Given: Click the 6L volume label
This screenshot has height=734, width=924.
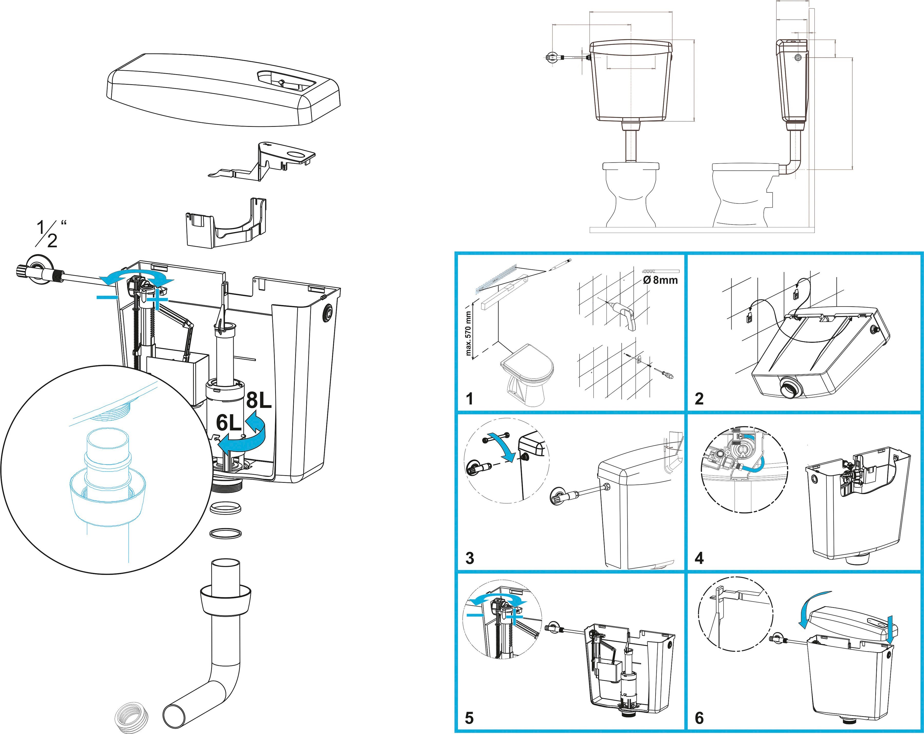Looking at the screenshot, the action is tap(229, 423).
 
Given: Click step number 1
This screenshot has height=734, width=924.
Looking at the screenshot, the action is tap(470, 399).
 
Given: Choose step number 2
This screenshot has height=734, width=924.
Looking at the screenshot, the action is tap(699, 399).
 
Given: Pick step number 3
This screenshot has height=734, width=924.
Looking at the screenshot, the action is tap(470, 558).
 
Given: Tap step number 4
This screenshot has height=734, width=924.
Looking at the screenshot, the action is tap(699, 558).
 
